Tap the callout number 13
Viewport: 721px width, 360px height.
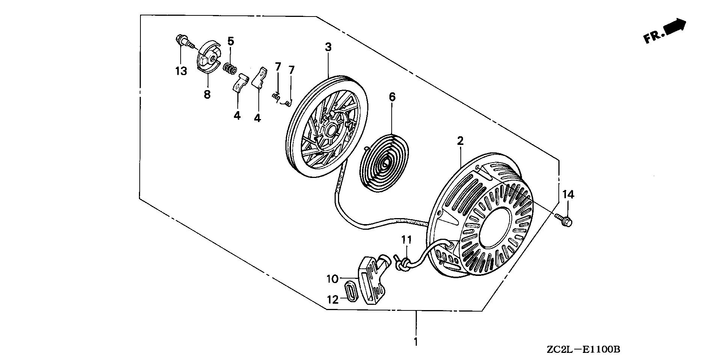181,71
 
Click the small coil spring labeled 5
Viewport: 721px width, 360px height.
230,68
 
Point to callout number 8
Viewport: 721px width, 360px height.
207,94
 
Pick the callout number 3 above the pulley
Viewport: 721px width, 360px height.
328,47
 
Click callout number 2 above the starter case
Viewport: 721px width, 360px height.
460,141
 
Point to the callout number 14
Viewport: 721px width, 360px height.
568,194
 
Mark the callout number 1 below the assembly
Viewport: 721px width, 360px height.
415,342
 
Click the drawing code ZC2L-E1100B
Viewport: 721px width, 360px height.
587,350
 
